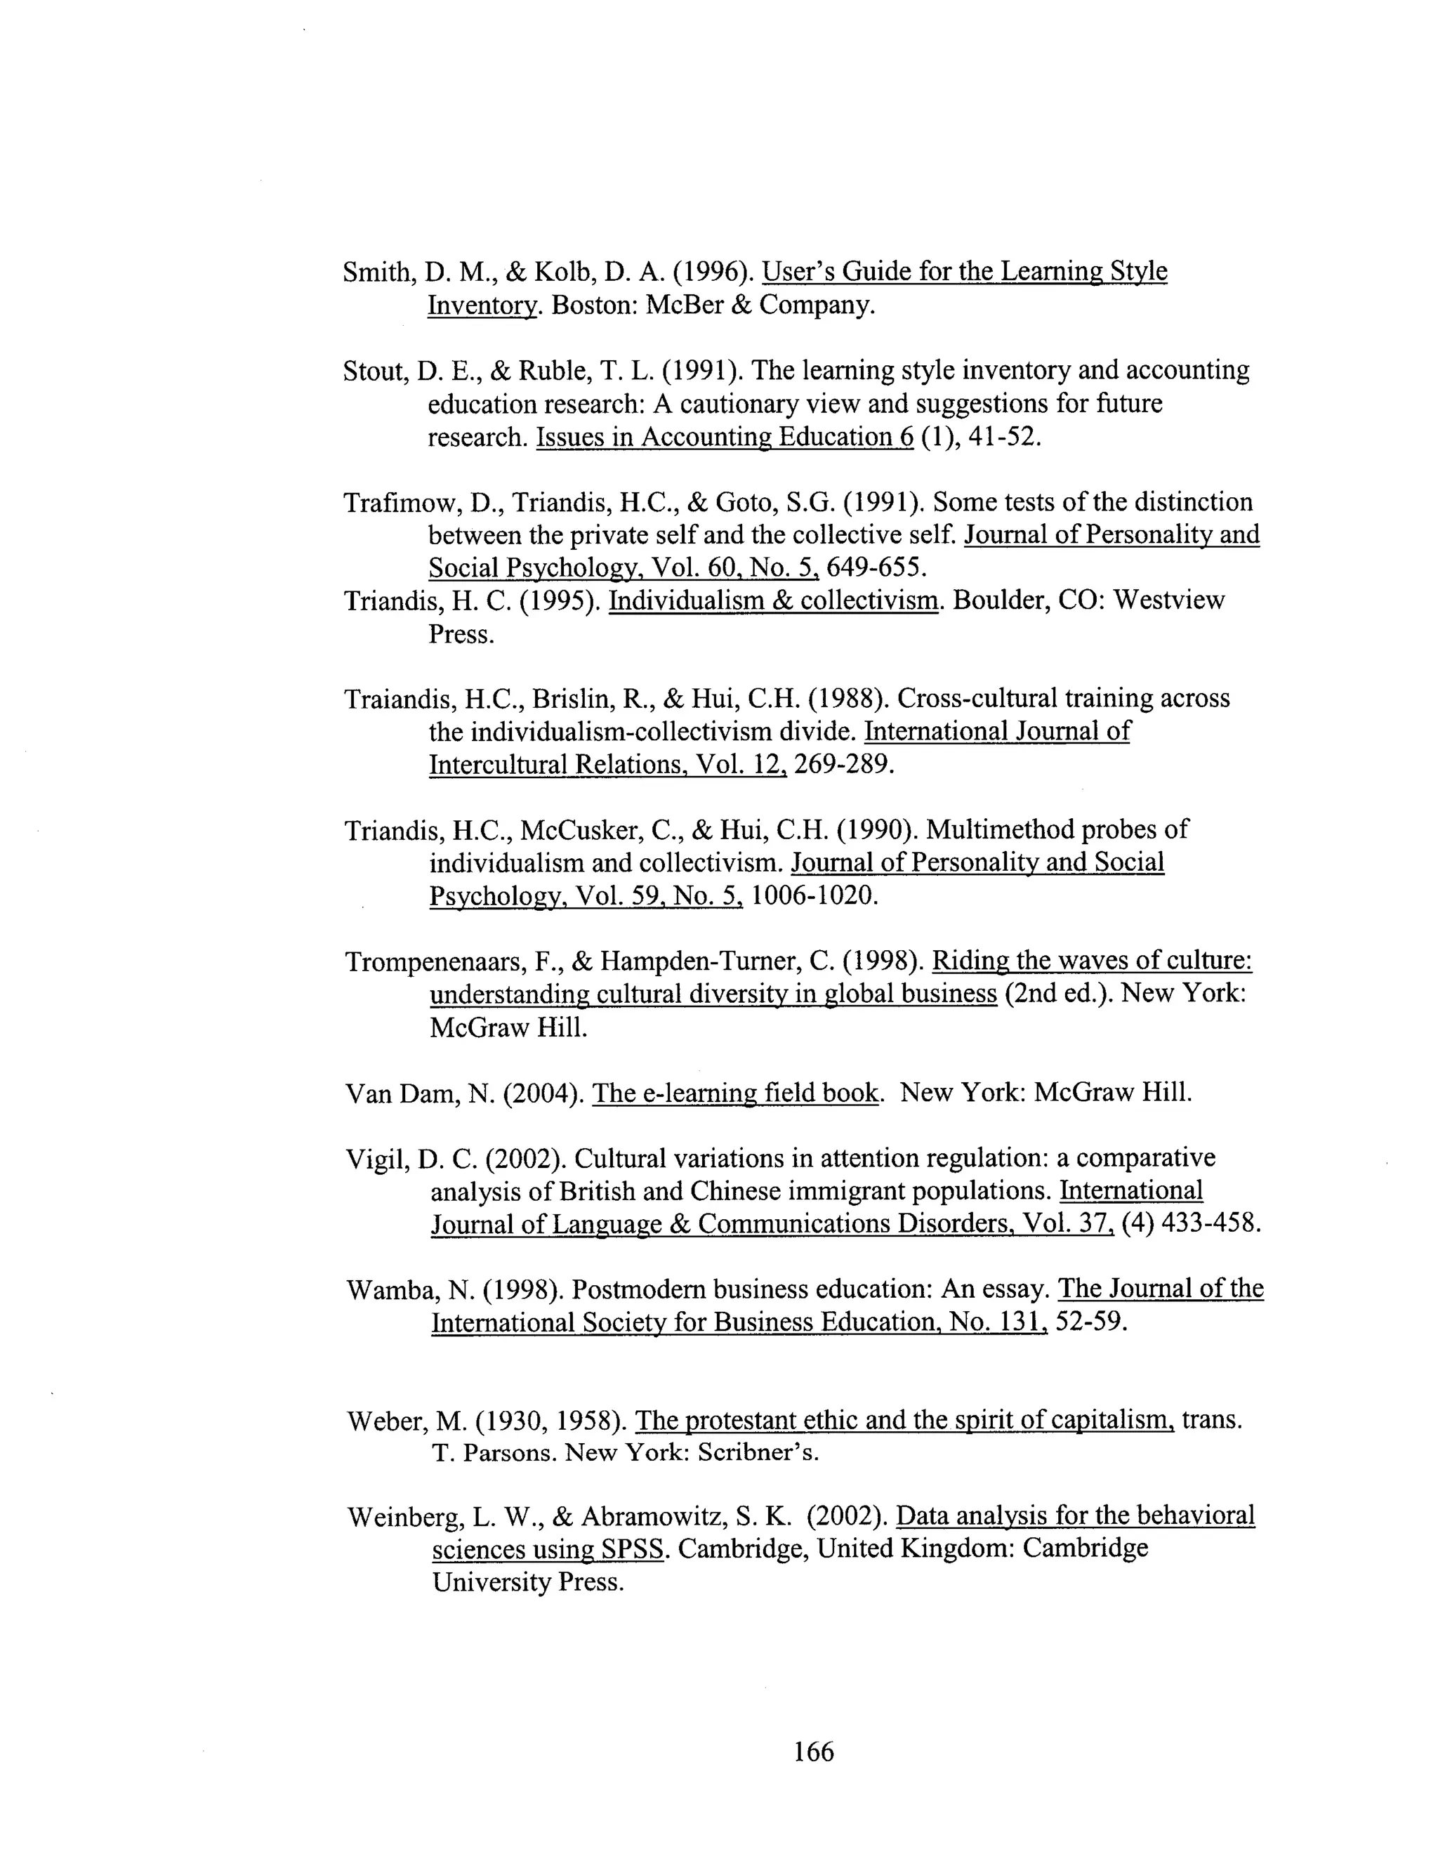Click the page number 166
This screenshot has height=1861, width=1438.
[814, 1751]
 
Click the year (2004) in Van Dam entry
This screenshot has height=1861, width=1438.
[543, 1093]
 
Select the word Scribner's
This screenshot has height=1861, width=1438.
[758, 1453]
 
